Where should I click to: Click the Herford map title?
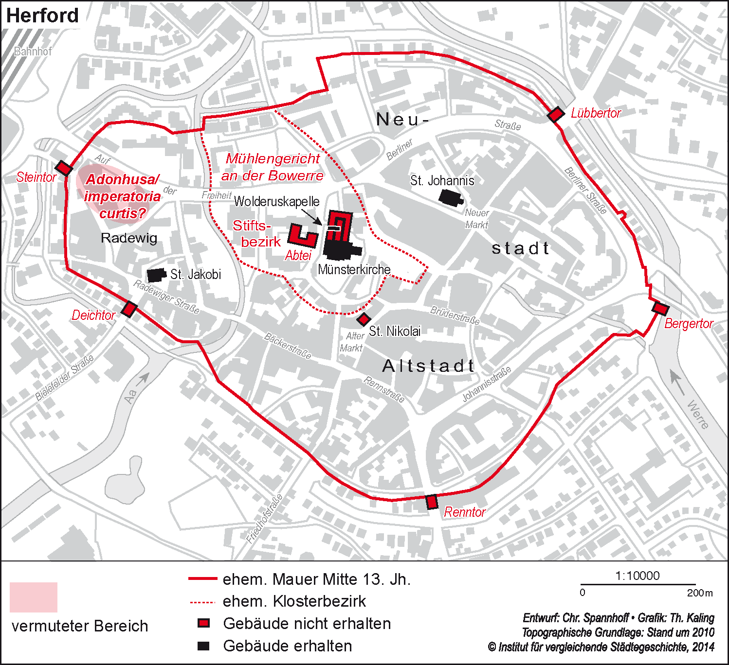pyautogui.click(x=42, y=16)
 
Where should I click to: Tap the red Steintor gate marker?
pyautogui.click(x=64, y=168)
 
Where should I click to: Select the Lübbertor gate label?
pyautogui.click(x=596, y=113)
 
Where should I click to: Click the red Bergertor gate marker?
pyautogui.click(x=660, y=308)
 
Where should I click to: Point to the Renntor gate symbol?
pyautogui.click(x=432, y=502)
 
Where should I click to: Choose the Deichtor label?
pyautogui.click(x=93, y=315)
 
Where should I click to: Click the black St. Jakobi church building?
pyautogui.click(x=156, y=275)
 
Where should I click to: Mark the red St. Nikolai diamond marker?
pyautogui.click(x=363, y=319)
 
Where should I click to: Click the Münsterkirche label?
pyautogui.click(x=354, y=269)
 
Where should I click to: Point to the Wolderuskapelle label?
pyautogui.click(x=276, y=201)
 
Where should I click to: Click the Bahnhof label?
pyautogui.click(x=33, y=51)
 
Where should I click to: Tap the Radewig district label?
pyautogui.click(x=129, y=238)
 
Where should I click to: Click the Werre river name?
pyautogui.click(x=698, y=414)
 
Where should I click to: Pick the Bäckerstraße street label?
pyautogui.click(x=288, y=346)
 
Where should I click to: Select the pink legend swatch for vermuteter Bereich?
pyautogui.click(x=34, y=597)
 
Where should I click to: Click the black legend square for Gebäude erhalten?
pyautogui.click(x=203, y=646)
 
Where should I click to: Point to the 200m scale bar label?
pyautogui.click(x=699, y=593)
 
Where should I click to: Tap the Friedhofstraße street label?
pyautogui.click(x=264, y=519)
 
